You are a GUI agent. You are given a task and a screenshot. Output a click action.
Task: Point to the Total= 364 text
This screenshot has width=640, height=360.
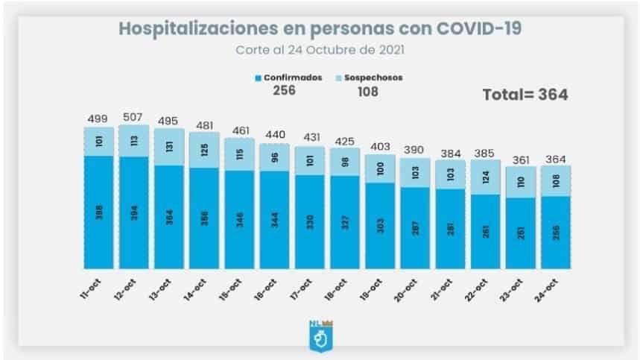pyautogui.click(x=525, y=95)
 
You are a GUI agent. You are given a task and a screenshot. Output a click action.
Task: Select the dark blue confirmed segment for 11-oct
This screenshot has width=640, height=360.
pyautogui.click(x=98, y=212)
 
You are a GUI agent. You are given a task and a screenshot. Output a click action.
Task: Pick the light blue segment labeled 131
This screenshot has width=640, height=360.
pyautogui.click(x=168, y=146)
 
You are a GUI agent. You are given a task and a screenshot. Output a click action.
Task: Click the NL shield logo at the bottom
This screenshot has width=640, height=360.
pyautogui.click(x=320, y=333)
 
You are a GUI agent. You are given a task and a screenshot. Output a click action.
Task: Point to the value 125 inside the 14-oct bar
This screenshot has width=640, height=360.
pyautogui.click(x=203, y=150)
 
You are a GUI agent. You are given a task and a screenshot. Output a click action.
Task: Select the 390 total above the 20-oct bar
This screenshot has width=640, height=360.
pyautogui.click(x=414, y=149)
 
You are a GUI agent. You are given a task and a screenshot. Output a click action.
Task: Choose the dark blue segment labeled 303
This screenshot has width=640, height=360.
pyautogui.click(x=379, y=225)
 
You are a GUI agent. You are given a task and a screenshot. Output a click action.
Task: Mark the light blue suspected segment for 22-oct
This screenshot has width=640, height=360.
pyautogui.click(x=484, y=177)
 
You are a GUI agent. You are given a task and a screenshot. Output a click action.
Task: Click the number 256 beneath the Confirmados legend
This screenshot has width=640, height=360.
pyautogui.click(x=286, y=91)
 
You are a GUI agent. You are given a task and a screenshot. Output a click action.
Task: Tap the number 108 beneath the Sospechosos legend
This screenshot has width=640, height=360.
pyautogui.click(x=367, y=91)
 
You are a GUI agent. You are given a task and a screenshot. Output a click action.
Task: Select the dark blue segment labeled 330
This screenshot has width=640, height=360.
pyautogui.click(x=309, y=221)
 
